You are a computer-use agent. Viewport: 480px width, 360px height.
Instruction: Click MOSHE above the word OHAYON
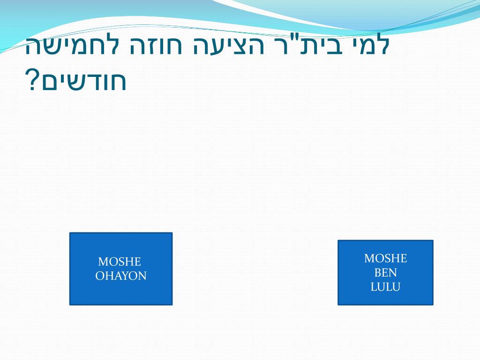pyautogui.click(x=120, y=262)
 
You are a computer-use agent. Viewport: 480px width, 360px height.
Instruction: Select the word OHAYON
pyautogui.click(x=121, y=276)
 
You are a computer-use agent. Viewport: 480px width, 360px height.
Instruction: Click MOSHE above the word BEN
pyautogui.click(x=385, y=258)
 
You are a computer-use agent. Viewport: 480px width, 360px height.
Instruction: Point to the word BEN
pyautogui.click(x=385, y=273)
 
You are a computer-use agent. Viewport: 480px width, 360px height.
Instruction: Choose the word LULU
pyautogui.click(x=385, y=287)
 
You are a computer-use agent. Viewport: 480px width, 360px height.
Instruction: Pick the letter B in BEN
pyautogui.click(x=377, y=273)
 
